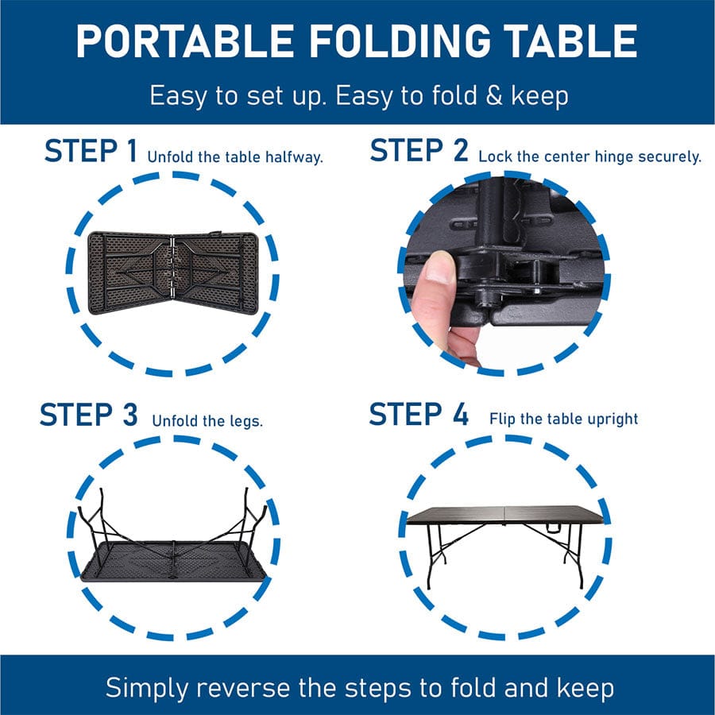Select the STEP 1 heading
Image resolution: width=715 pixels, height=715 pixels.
point(91,151)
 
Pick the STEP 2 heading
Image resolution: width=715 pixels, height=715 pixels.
point(419,151)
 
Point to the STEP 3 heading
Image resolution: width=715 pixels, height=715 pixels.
point(88,415)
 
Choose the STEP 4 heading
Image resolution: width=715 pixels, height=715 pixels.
point(419,415)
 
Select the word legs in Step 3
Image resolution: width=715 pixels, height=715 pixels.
point(245,420)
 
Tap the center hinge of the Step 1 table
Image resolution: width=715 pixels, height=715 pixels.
point(172,271)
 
